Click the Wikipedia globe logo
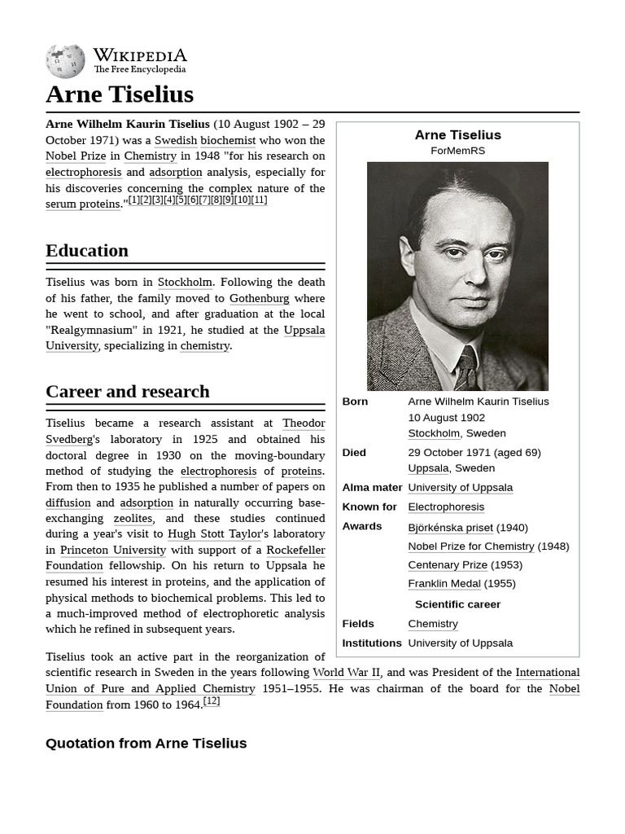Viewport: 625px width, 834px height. (65, 62)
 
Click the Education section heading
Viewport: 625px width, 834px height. (87, 251)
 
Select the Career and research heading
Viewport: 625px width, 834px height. (128, 392)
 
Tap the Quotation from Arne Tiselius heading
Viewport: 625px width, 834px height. (146, 743)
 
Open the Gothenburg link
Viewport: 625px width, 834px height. (259, 298)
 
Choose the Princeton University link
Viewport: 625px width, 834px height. (112, 550)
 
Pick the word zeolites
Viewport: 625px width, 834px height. (133, 518)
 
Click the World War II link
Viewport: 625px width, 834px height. (346, 673)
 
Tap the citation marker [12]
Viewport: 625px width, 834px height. (212, 701)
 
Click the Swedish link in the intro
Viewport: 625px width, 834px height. (176, 140)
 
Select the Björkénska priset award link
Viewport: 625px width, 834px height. (450, 527)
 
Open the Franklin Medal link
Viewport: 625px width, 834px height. (444, 583)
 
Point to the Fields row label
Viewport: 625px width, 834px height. (358, 624)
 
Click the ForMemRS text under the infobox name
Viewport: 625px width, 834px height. (457, 151)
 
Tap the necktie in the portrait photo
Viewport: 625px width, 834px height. (465, 369)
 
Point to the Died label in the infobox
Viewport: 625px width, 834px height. (354, 452)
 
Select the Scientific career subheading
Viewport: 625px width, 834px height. (457, 604)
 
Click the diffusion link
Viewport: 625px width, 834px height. (68, 503)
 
